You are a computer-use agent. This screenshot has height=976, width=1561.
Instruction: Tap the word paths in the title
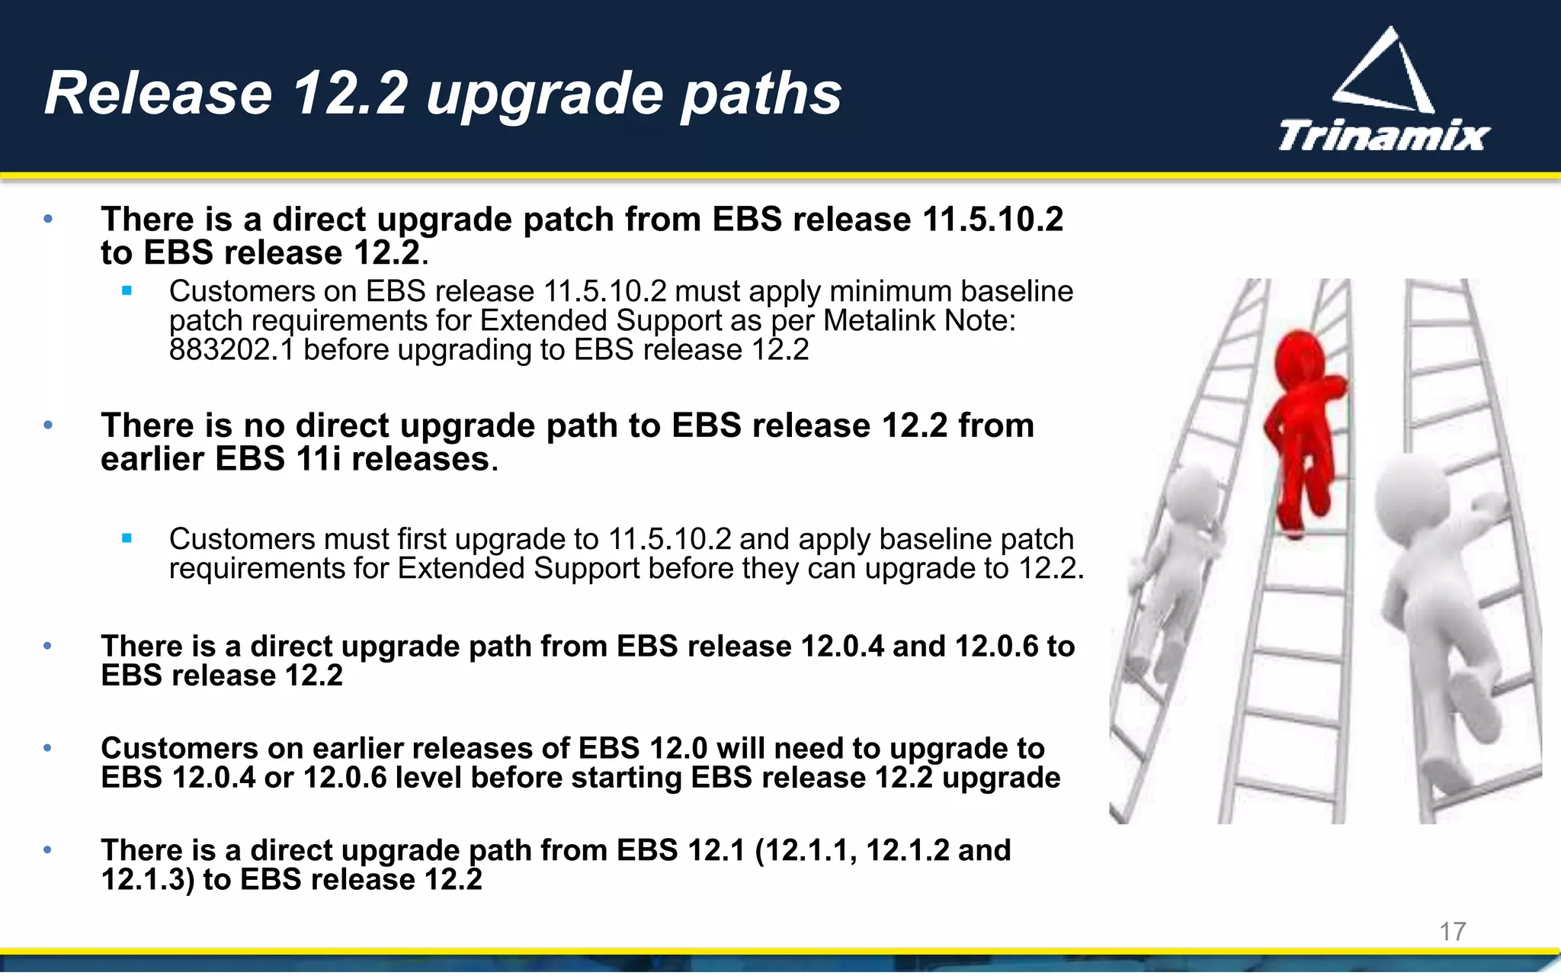(761, 94)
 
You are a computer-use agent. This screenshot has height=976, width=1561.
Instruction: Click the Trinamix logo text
(1383, 136)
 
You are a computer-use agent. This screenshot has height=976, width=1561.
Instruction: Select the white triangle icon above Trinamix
(1386, 72)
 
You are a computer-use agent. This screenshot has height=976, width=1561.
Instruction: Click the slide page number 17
(1452, 931)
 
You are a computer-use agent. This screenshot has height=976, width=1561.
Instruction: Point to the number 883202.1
(231, 350)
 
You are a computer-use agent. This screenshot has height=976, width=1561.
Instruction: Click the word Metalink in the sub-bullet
(880, 321)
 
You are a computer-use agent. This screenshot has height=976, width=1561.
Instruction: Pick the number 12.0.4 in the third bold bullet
(842, 647)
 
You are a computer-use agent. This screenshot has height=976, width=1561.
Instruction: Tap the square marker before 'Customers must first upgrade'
(127, 538)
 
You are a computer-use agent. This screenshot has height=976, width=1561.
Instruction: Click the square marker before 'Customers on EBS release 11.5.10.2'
(127, 291)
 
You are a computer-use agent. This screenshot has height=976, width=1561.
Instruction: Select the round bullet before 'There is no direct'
(48, 425)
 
